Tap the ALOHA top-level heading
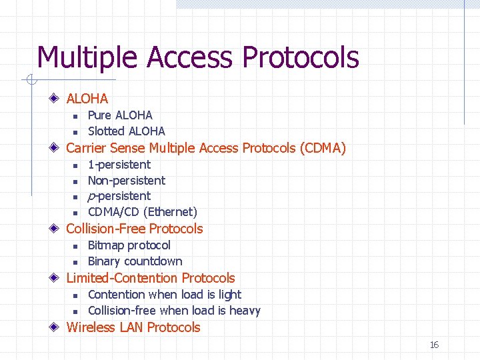87,99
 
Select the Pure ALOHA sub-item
120,115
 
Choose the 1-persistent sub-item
119,165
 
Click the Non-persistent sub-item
127,181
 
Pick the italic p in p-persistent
91,197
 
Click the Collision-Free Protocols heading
134,229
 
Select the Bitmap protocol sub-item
129,245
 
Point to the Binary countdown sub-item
135,261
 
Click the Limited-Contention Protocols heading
151,278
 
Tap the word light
229,295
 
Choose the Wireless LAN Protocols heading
133,327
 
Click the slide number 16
434,345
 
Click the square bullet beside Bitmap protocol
75,247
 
